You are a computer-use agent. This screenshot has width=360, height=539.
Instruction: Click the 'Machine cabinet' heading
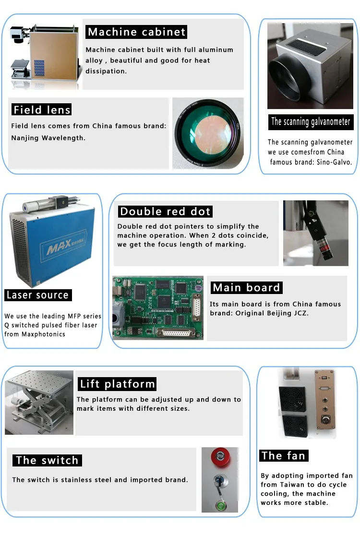tap(136, 32)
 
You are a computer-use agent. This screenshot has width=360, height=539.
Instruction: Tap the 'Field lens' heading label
tap(42, 110)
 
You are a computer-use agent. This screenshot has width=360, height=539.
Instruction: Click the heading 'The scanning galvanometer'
tap(311, 122)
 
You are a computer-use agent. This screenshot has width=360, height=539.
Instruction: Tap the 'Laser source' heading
tap(37, 295)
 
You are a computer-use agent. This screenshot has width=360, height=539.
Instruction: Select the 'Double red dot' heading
tap(165, 211)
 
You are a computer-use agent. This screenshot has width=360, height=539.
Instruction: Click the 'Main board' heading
tap(246, 288)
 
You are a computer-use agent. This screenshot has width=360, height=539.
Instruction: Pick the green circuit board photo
tap(158, 307)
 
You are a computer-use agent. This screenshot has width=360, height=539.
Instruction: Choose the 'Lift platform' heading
tap(117, 384)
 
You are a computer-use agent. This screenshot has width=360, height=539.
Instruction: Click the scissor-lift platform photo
tap(39, 402)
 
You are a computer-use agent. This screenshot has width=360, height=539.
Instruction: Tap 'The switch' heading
tap(47, 460)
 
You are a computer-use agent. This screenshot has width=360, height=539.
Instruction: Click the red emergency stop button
tap(221, 456)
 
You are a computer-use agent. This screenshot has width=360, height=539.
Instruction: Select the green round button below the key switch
tap(221, 505)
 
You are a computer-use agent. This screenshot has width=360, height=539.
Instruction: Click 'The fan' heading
tap(283, 455)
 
